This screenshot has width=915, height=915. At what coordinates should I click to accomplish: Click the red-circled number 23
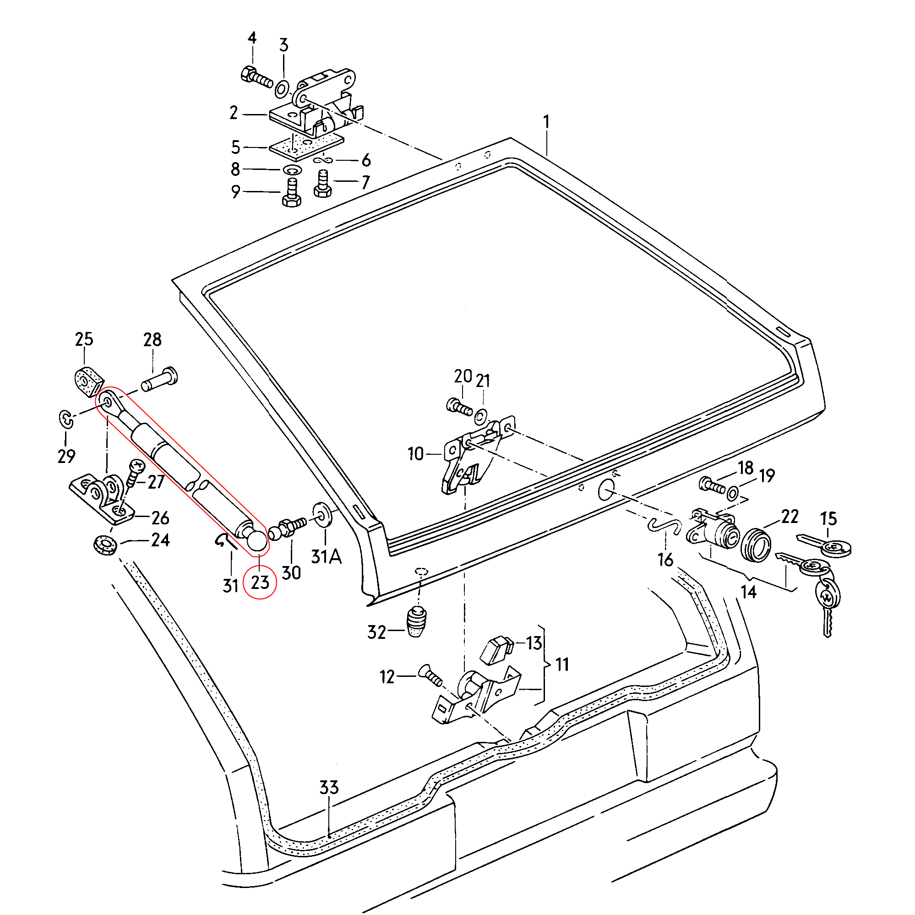(x=260, y=582)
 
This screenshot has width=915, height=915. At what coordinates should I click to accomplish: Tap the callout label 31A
(x=326, y=556)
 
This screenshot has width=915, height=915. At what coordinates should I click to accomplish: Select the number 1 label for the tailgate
(x=546, y=122)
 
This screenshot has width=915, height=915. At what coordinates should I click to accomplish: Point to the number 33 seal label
(x=329, y=788)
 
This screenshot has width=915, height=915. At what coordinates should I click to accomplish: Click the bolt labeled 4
(x=256, y=78)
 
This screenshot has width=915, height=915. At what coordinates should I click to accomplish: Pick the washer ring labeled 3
(x=282, y=88)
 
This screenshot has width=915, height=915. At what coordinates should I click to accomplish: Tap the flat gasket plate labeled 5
(x=306, y=146)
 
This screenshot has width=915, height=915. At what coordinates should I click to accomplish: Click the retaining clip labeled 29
(x=66, y=419)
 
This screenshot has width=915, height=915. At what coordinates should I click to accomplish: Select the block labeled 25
(x=88, y=380)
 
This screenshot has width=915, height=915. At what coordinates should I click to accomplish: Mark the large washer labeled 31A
(x=322, y=515)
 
